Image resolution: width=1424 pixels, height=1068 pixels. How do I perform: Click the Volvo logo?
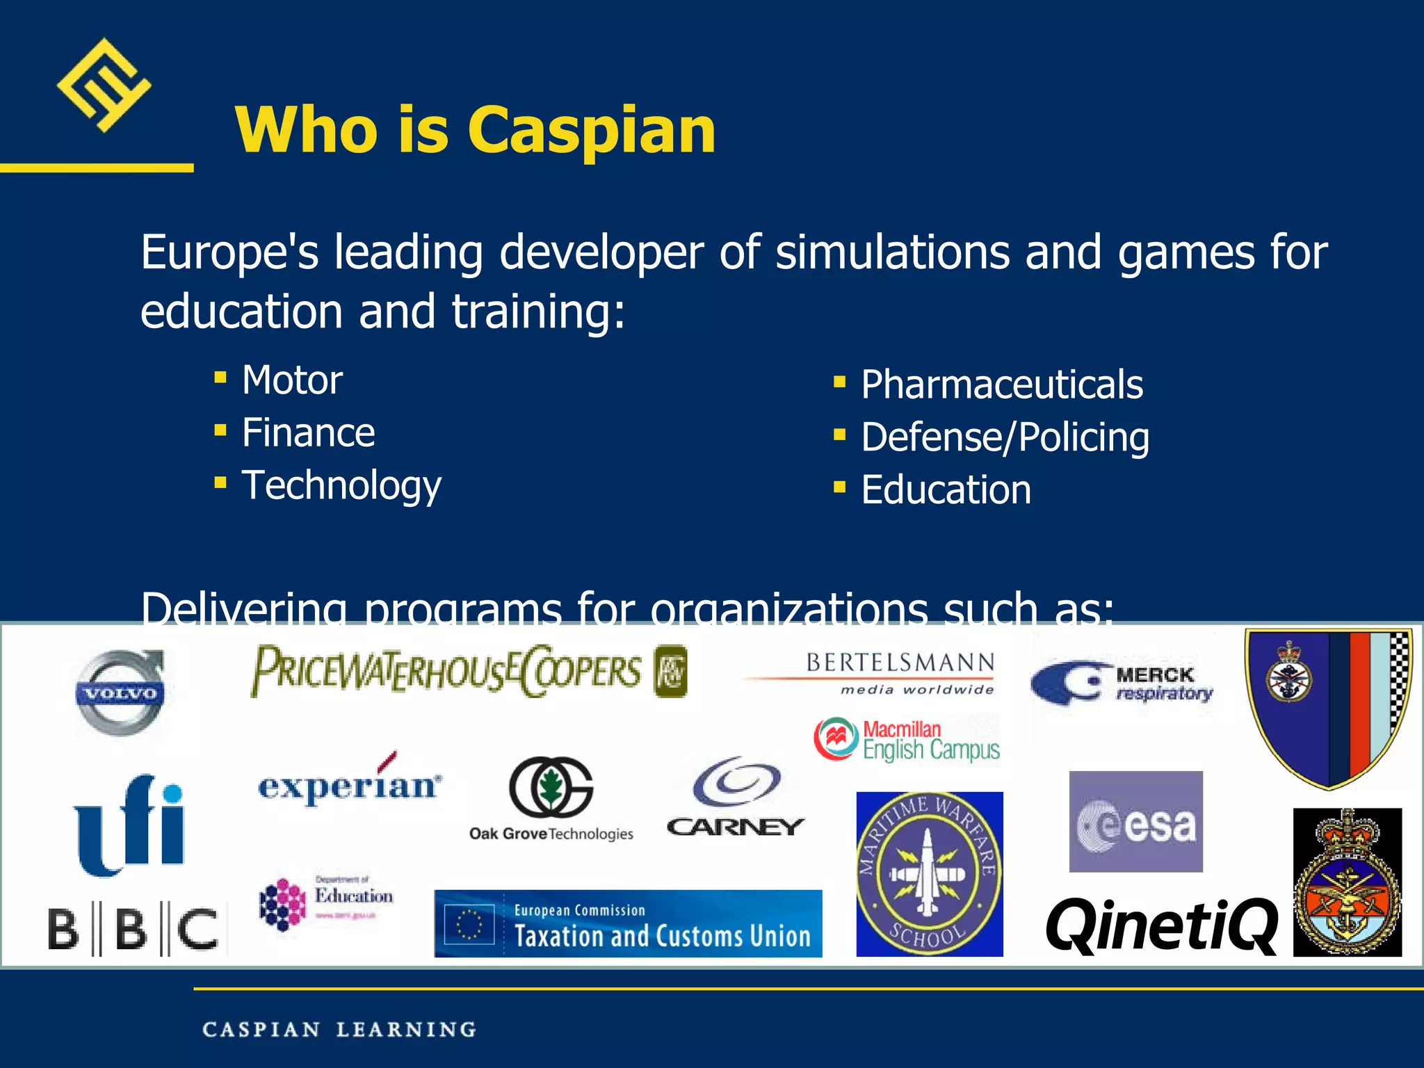pyautogui.click(x=120, y=693)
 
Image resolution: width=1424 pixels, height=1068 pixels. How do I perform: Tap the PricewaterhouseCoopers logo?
pyautogui.click(x=467, y=672)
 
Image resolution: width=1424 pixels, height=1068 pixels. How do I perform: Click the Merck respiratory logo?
pyautogui.click(x=1121, y=683)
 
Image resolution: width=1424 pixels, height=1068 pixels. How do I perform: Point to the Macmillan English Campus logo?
pyautogui.click(x=907, y=740)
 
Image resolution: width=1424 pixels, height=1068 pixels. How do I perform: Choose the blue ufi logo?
pyautogui.click(x=130, y=824)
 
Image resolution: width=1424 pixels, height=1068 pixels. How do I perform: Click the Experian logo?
pyautogui.click(x=350, y=784)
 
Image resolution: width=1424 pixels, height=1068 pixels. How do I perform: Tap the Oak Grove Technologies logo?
pyautogui.click(x=551, y=800)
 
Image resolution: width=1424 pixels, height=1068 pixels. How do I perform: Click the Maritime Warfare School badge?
pyautogui.click(x=929, y=874)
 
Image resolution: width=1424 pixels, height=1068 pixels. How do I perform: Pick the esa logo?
pyautogui.click(x=1135, y=822)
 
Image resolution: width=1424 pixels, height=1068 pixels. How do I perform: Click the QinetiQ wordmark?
pyautogui.click(x=1161, y=926)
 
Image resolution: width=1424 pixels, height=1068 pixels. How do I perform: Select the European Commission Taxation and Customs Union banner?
pyautogui.click(x=628, y=923)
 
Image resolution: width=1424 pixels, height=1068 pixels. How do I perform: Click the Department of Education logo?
pyautogui.click(x=325, y=902)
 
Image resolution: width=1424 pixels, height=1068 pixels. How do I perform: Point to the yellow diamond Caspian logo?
pyautogui.click(x=104, y=85)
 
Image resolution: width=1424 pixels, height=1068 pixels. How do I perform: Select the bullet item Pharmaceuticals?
pyautogui.click(x=1001, y=385)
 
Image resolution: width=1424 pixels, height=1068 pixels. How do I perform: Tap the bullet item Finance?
pyautogui.click(x=308, y=433)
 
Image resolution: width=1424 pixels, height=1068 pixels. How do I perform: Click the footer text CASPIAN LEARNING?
pyautogui.click(x=339, y=1029)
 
